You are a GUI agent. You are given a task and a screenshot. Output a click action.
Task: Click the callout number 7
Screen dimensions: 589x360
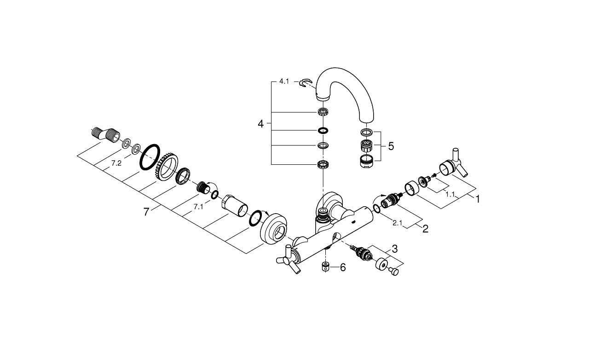tap(146, 212)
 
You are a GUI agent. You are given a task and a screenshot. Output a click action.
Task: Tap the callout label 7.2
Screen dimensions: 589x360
tap(116, 163)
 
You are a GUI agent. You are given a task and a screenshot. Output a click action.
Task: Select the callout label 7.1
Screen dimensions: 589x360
tap(198, 207)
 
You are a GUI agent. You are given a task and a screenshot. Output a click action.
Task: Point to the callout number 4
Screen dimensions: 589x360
tap(260, 124)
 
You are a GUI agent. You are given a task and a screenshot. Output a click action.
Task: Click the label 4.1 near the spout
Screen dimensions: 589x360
tap(284, 81)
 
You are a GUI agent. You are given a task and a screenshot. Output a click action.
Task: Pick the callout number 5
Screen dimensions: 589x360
tap(391, 146)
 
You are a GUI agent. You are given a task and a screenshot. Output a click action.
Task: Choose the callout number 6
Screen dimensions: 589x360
tap(343, 267)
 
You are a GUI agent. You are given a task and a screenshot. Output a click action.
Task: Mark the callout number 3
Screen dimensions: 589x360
tap(395, 249)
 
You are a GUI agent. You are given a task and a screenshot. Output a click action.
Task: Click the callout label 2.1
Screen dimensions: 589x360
tap(397, 223)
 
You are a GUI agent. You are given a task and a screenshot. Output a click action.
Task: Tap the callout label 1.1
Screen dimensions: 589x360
tap(450, 194)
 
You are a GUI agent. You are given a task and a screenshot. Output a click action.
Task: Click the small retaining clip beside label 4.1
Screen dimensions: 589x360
tap(305, 83)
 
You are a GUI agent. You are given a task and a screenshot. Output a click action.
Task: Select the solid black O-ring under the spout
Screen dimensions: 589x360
tap(323, 130)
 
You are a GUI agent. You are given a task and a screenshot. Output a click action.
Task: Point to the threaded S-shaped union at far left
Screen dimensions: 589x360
tap(106, 135)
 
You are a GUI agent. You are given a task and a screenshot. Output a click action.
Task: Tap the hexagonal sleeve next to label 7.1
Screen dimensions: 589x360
tap(235, 206)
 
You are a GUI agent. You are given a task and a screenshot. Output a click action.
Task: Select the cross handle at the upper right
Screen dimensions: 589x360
tap(454, 163)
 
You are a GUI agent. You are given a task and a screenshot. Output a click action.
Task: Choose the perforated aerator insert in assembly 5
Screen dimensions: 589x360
tap(365, 146)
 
